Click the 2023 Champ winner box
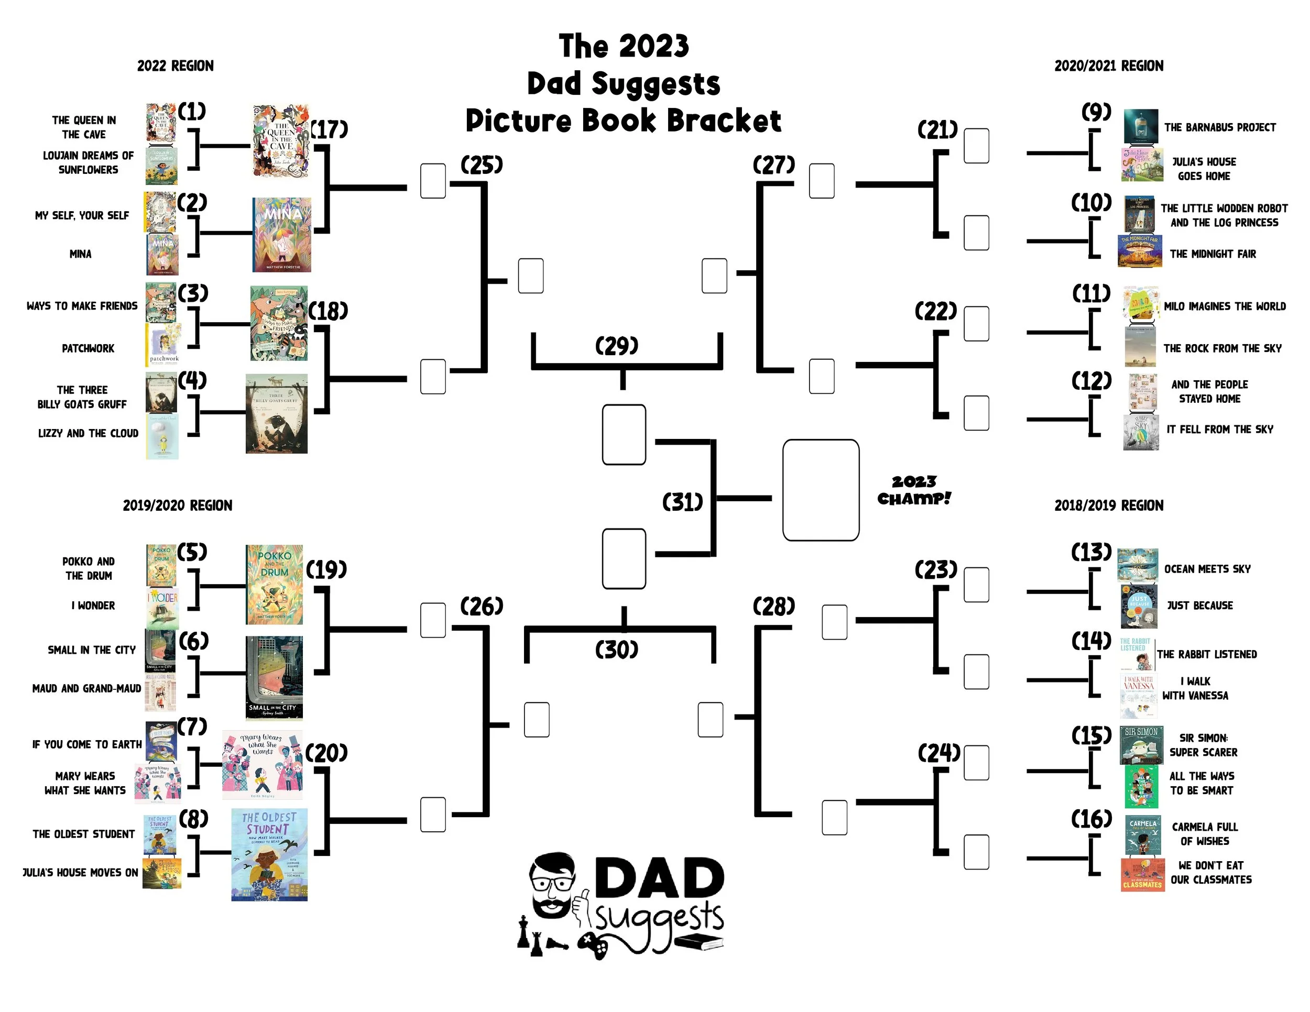tap(820, 490)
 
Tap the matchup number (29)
tap(616, 346)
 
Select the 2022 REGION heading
tap(175, 66)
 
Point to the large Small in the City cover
tap(274, 677)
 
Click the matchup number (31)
tap(682, 502)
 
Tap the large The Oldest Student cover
tap(269, 854)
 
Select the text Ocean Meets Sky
tap(1207, 569)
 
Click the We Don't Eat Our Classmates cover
tap(1142, 875)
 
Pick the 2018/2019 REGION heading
tap(1108, 505)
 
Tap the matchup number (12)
tap(1091, 381)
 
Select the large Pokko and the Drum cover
tap(274, 585)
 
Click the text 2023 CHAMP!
tap(913, 490)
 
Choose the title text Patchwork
tap(88, 348)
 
